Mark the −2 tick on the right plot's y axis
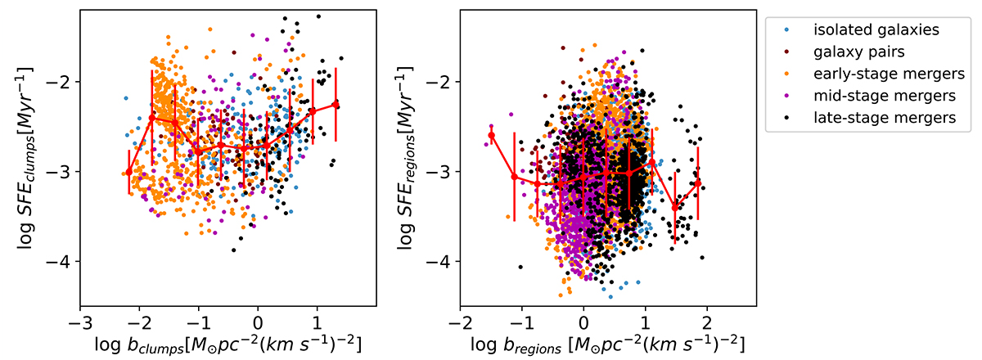click(x=442, y=82)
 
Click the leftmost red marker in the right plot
click(x=491, y=135)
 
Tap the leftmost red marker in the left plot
click(x=128, y=171)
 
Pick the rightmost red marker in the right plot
click(x=697, y=183)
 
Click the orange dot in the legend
click(x=786, y=74)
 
